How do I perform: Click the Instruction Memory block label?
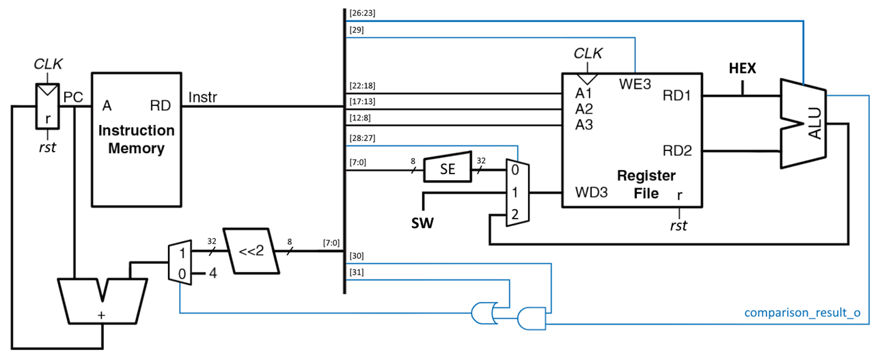click(136, 139)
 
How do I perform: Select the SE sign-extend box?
click(448, 167)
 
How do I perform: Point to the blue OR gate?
click(484, 314)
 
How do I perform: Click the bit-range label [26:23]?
click(361, 13)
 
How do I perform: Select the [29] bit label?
click(356, 31)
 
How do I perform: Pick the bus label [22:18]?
click(361, 86)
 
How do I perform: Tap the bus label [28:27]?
click(361, 139)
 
